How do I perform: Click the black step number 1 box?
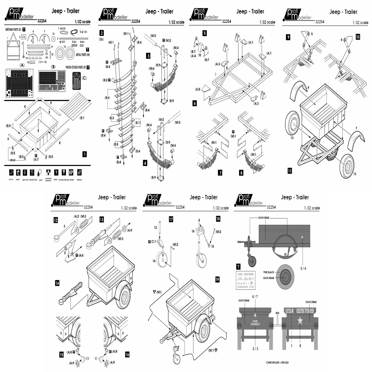[85, 154]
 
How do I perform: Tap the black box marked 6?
[195, 103]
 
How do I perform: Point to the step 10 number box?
[358, 37]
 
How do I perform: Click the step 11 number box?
[290, 171]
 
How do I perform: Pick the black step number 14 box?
[57, 283]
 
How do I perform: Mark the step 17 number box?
[171, 219]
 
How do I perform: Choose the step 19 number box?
[217, 279]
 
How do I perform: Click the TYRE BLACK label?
[268, 272]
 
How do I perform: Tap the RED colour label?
[278, 313]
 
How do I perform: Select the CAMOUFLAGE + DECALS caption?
[277, 363]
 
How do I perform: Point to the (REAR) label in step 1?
[13, 160]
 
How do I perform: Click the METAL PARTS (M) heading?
[83, 55]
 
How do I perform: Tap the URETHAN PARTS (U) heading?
[13, 30]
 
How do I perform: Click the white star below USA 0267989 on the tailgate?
[300, 321]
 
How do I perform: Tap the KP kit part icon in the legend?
[71, 172]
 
